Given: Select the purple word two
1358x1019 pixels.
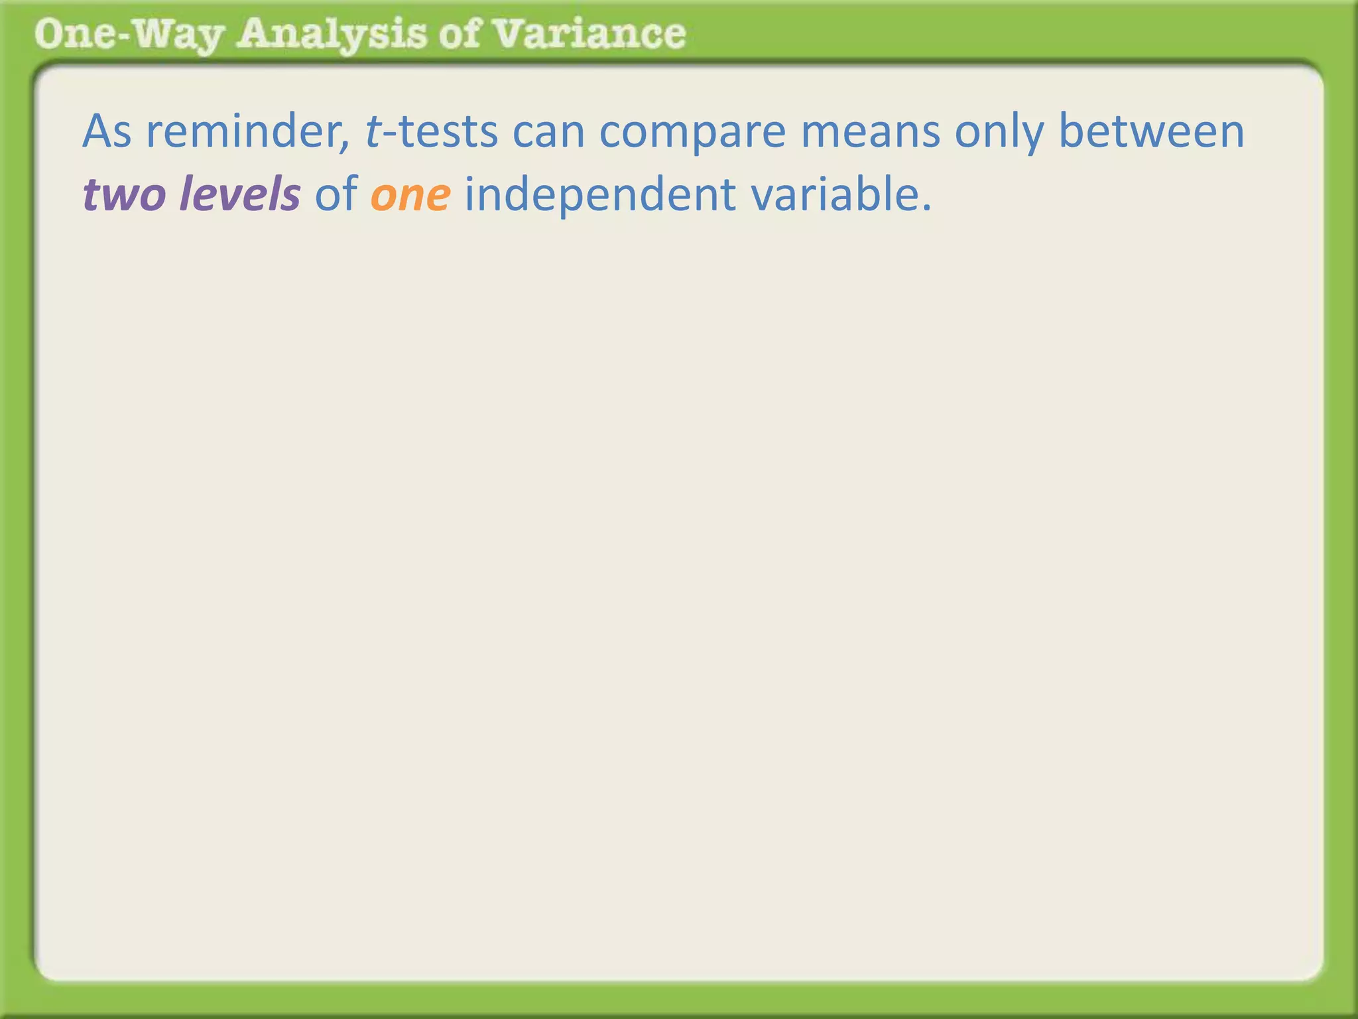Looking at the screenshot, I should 123,195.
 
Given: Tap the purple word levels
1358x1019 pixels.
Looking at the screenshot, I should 239,195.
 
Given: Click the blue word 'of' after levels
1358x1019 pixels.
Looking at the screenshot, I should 336,195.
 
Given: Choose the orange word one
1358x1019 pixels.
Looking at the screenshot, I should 410,195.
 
